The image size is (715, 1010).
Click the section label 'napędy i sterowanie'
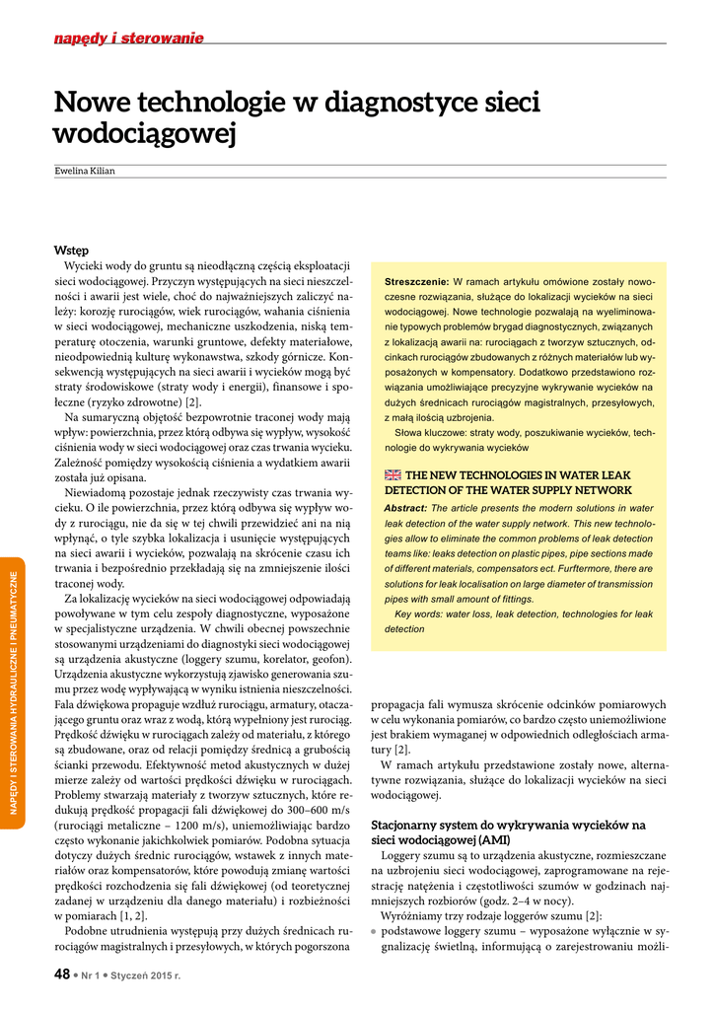[x=128, y=38]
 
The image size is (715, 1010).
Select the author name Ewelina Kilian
[x=85, y=171]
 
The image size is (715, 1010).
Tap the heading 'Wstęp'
[x=72, y=251]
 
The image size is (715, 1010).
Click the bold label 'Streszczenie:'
[x=416, y=282]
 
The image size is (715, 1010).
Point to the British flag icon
[x=392, y=474]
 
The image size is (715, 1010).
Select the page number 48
[x=62, y=974]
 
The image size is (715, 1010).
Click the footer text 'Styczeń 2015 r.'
[x=152, y=975]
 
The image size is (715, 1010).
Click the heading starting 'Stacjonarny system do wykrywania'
[x=508, y=825]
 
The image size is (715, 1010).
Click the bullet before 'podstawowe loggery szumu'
[x=374, y=931]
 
